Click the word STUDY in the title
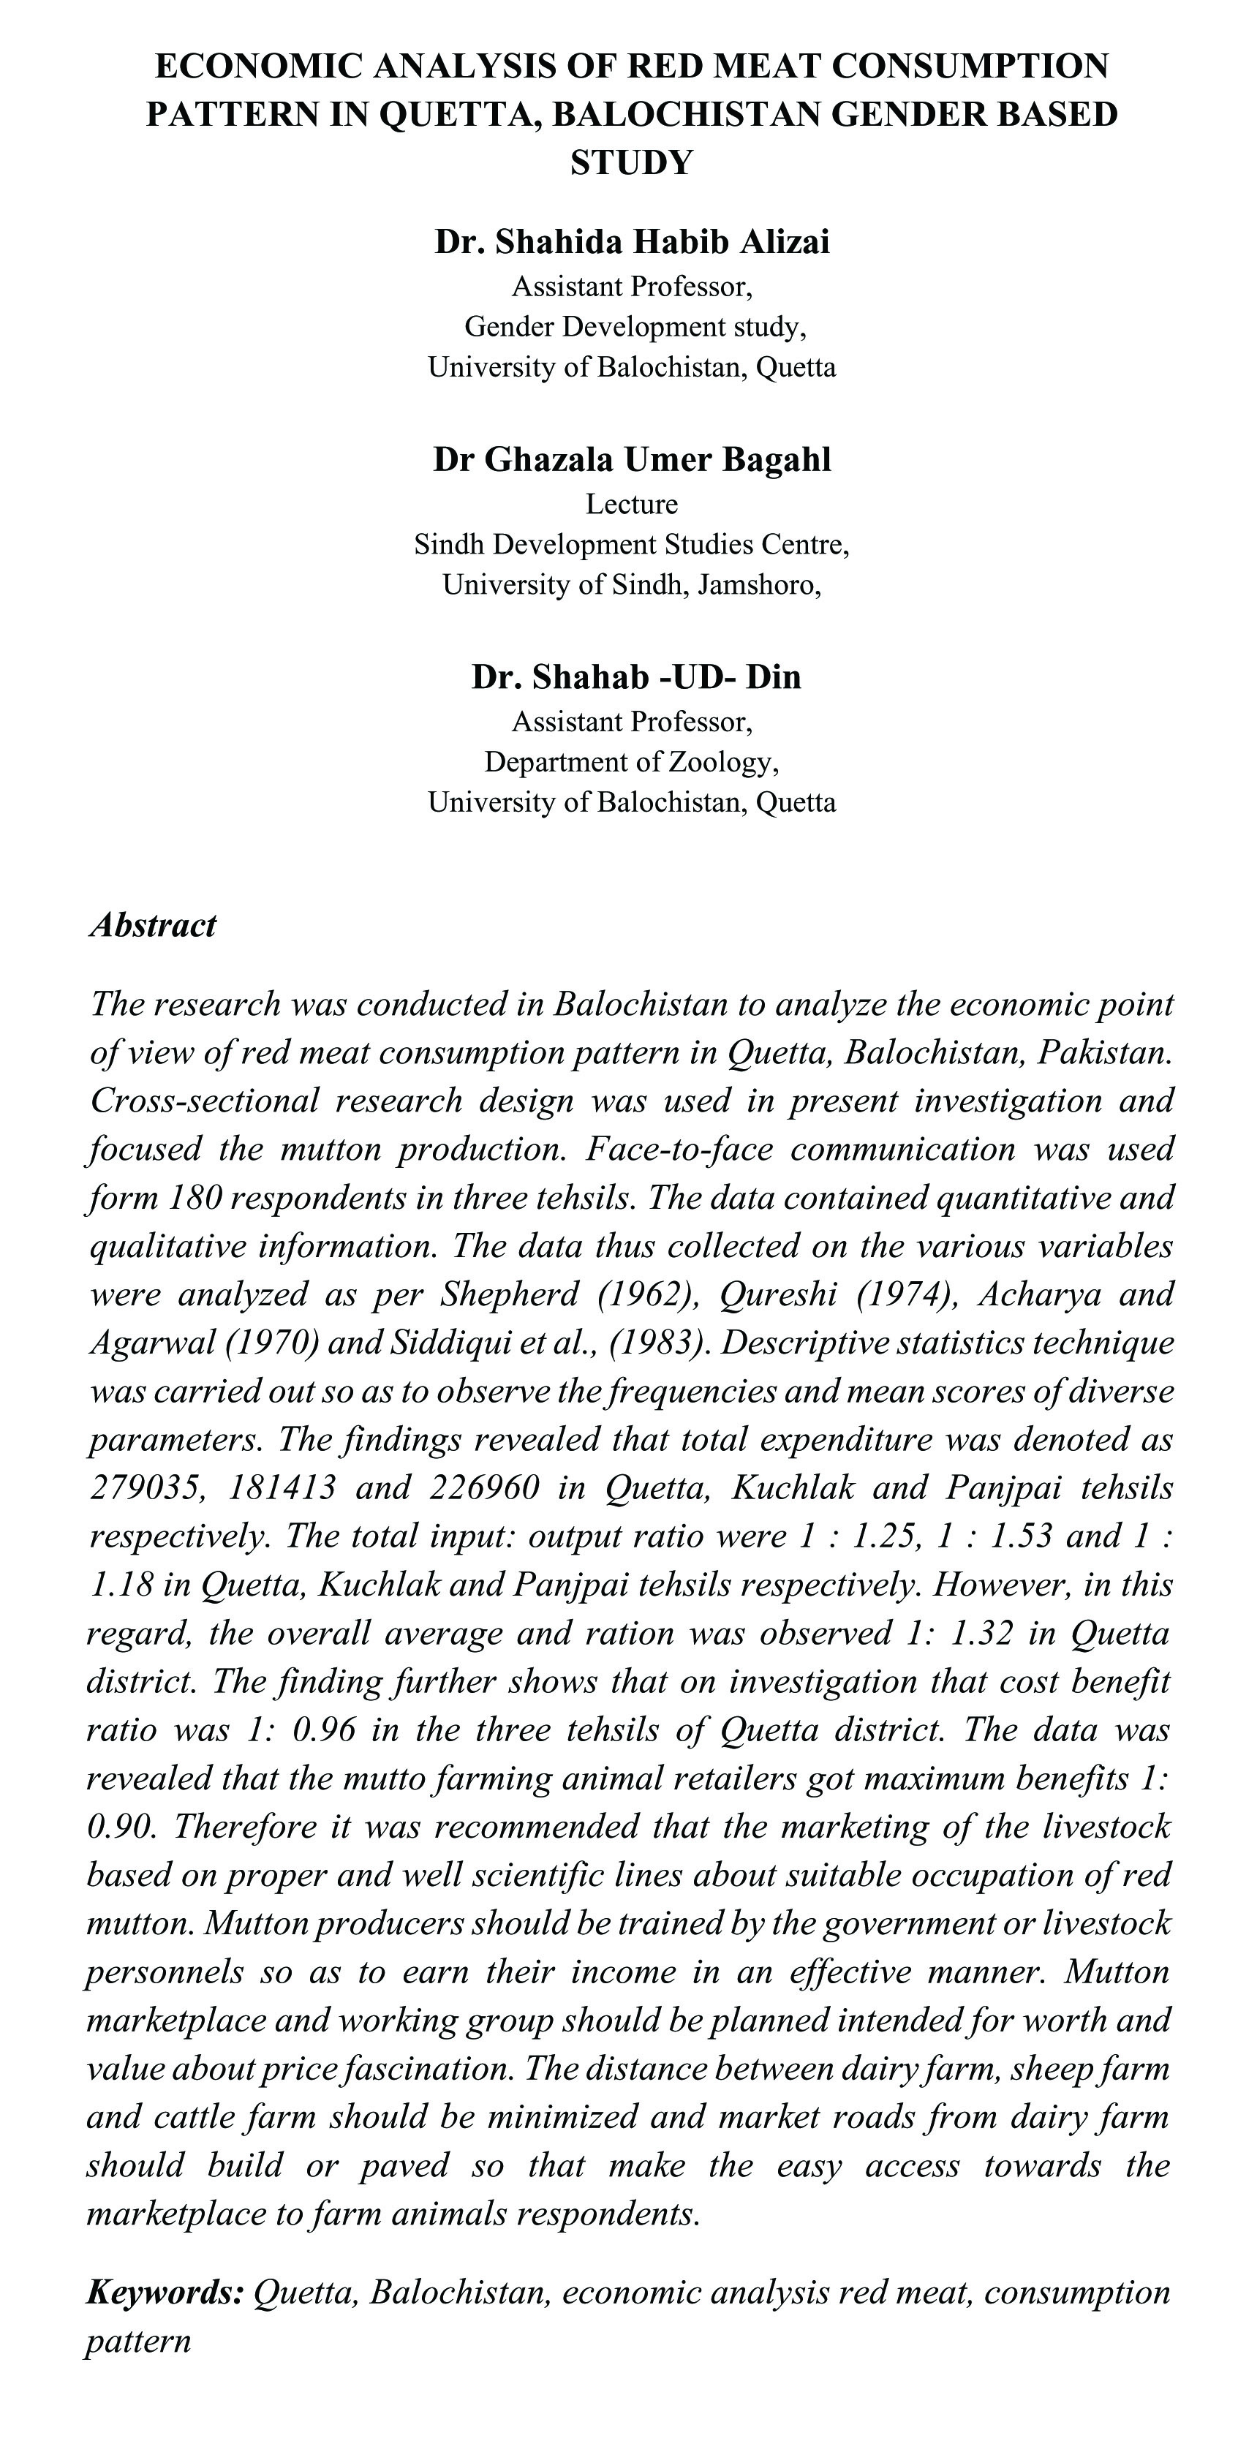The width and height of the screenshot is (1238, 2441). click(x=632, y=163)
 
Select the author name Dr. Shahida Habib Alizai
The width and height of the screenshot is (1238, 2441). click(x=632, y=243)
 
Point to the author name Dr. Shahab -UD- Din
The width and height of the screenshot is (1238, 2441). click(x=635, y=678)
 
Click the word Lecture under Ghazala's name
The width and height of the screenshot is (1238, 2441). click(x=632, y=504)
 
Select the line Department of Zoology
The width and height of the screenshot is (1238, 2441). click(x=632, y=762)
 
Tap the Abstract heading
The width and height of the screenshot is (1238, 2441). click(x=154, y=925)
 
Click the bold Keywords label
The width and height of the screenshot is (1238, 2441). click(x=166, y=2293)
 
